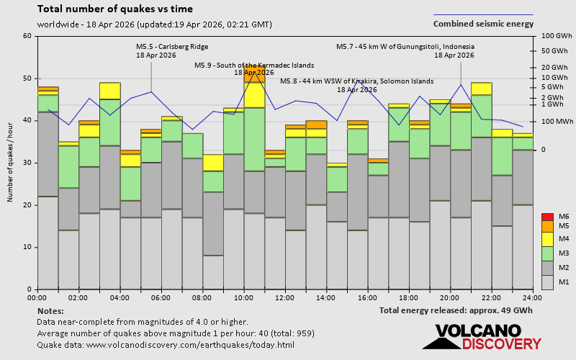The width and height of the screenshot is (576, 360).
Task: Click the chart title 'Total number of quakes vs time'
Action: pos(114,9)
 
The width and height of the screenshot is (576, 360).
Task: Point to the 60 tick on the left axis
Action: pos(27,36)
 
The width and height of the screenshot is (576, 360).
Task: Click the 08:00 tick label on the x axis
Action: pos(202,297)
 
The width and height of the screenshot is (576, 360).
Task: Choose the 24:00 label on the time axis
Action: pos(532,297)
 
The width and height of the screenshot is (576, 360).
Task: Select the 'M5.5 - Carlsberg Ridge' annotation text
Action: pos(172,47)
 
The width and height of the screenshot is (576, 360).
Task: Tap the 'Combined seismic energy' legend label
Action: pos(483,24)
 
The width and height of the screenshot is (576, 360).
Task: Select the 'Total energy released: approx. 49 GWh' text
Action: pos(456,310)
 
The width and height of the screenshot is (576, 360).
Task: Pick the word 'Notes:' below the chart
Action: pos(50,310)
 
